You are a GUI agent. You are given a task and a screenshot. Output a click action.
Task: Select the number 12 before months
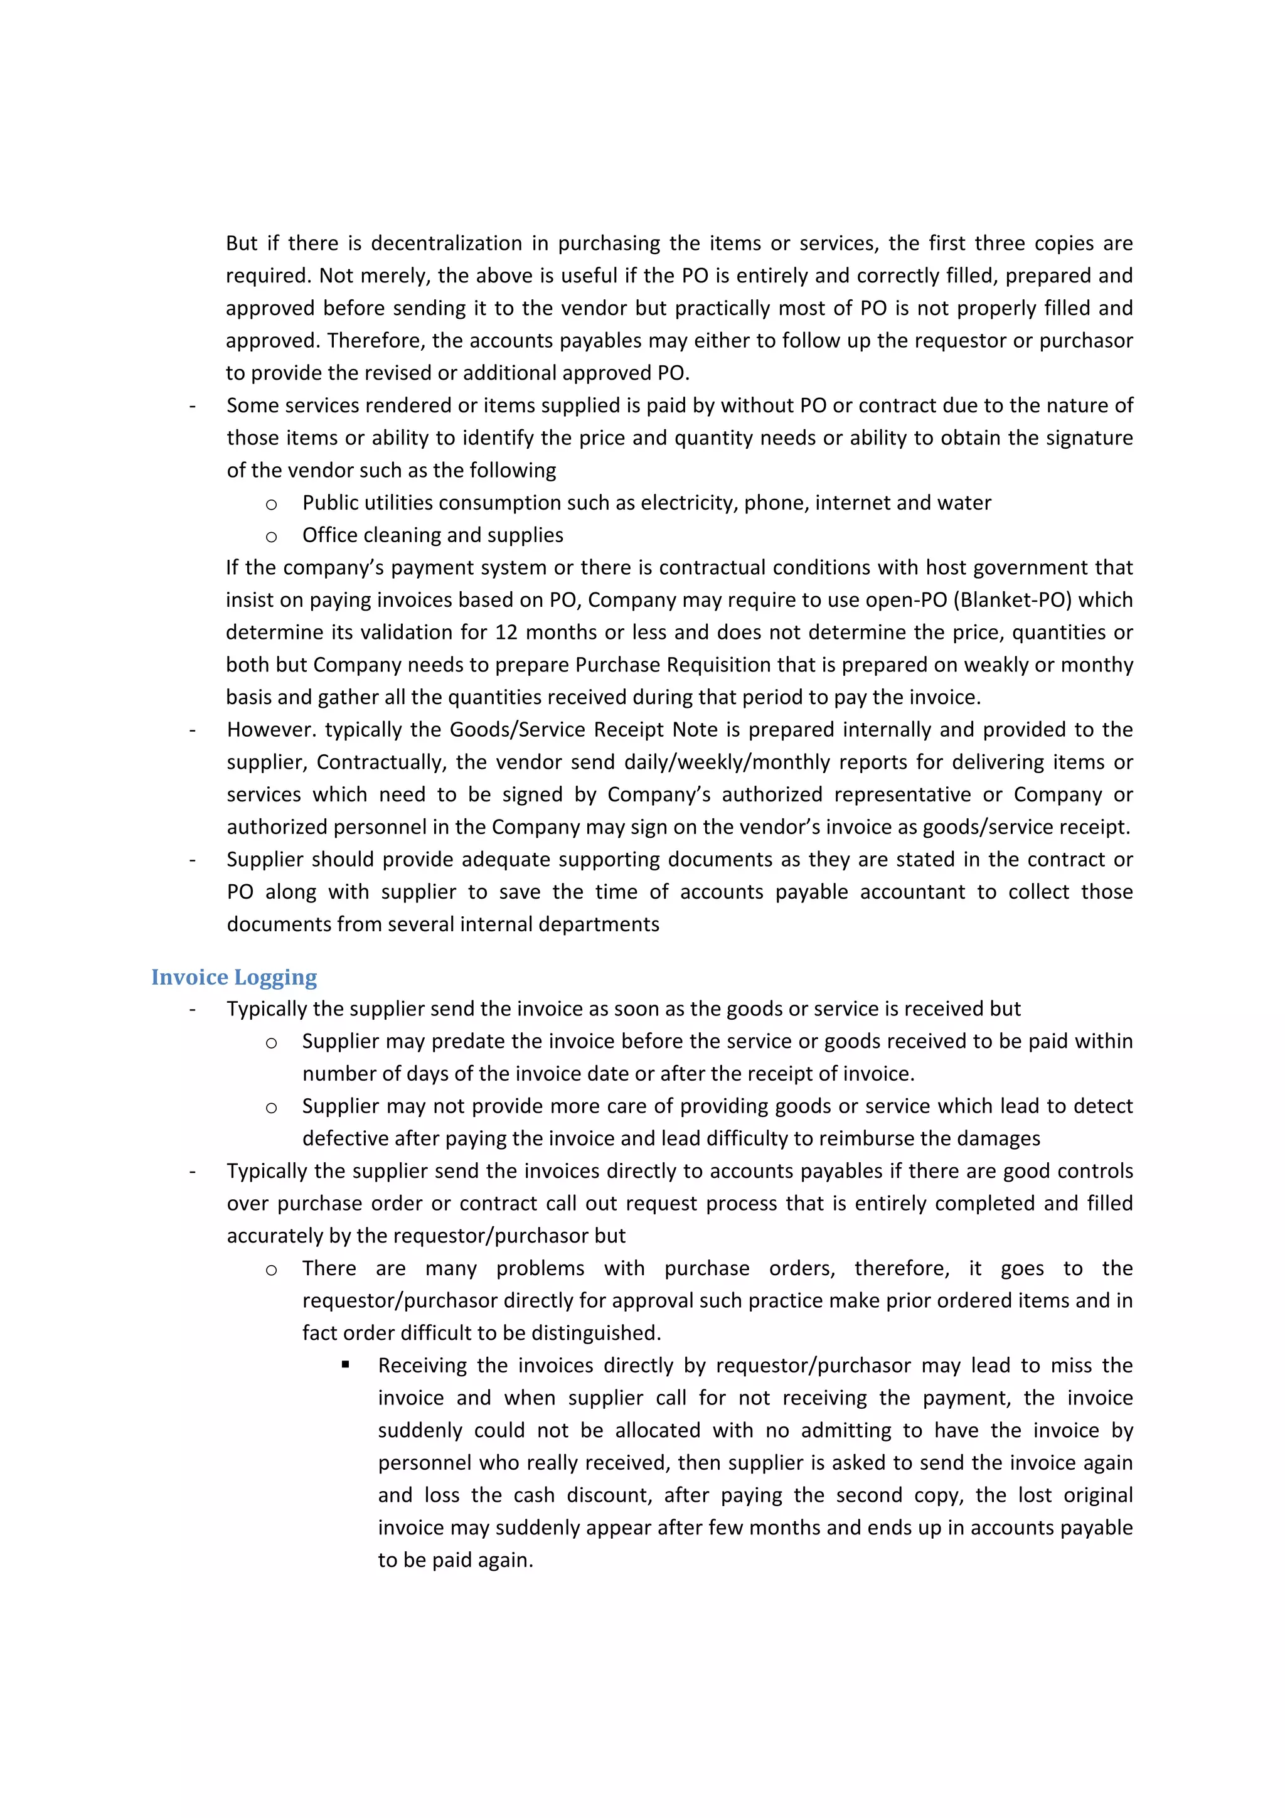click(506, 632)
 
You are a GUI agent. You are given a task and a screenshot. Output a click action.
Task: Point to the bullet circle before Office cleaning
click(271, 537)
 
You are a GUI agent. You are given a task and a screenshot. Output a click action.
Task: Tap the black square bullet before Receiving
click(346, 1365)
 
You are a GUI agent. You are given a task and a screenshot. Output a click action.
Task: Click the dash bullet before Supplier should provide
click(193, 860)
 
